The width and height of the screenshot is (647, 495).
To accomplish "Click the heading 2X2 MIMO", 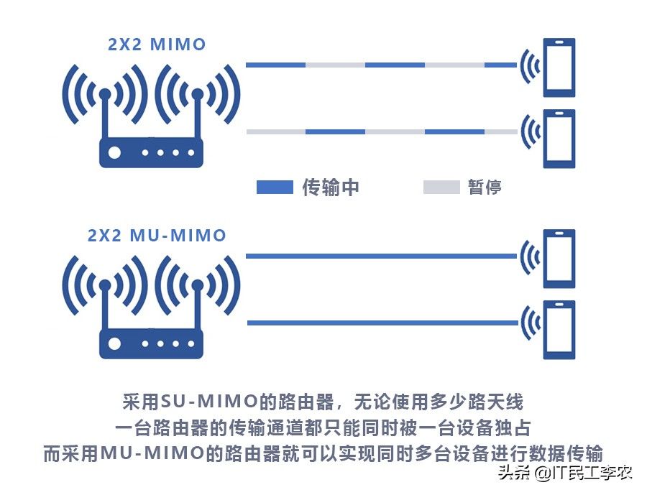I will tap(156, 45).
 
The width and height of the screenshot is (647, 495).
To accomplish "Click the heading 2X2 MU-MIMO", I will tap(156, 235).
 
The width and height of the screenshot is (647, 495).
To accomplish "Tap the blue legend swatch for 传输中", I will tap(275, 188).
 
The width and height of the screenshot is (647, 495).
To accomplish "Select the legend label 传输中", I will tap(330, 188).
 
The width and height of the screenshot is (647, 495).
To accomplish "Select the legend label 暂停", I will tap(485, 188).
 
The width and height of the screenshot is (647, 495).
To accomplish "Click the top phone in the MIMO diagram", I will tap(559, 67).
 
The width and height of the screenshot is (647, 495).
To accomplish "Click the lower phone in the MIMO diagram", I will tap(559, 138).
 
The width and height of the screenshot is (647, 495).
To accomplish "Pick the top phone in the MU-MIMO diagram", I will tap(559, 258).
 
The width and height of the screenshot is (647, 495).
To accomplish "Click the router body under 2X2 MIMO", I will tap(151, 153).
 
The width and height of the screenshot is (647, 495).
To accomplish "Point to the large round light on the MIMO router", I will tap(114, 153).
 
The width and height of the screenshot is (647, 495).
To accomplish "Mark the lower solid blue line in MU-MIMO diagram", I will tap(381, 323).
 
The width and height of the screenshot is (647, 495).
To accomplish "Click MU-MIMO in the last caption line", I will tap(144, 453).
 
